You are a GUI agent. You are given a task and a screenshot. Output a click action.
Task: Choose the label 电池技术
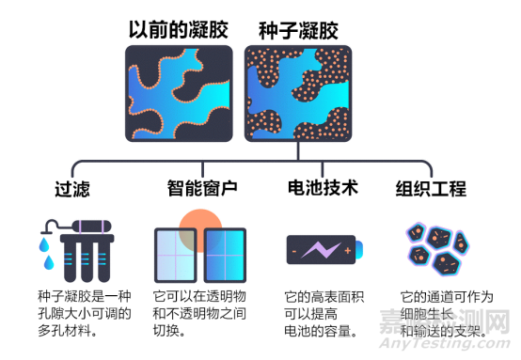[x=323, y=188]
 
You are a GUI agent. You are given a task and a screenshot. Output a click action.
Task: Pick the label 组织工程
[x=431, y=188]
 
